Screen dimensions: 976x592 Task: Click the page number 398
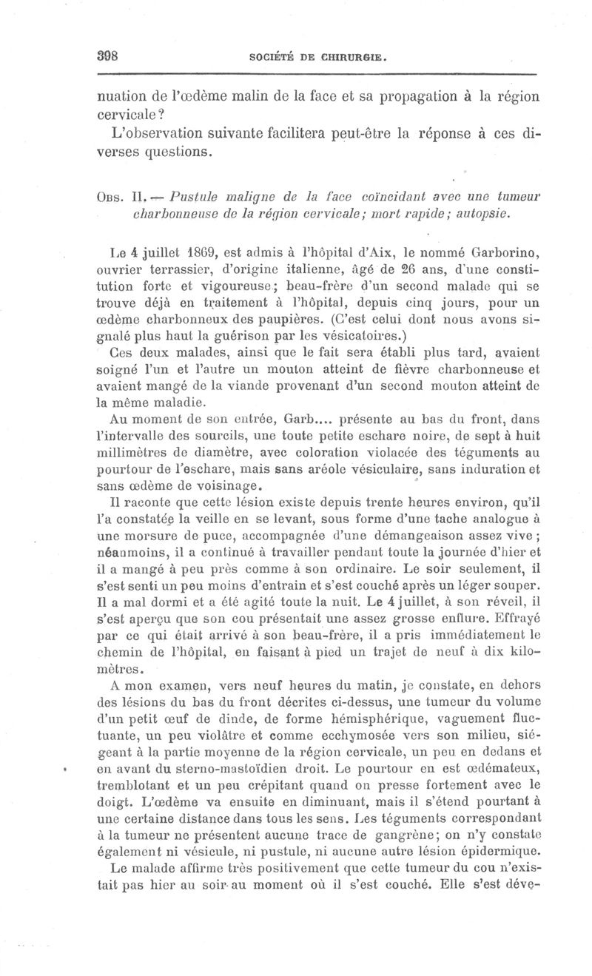click(x=108, y=57)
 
